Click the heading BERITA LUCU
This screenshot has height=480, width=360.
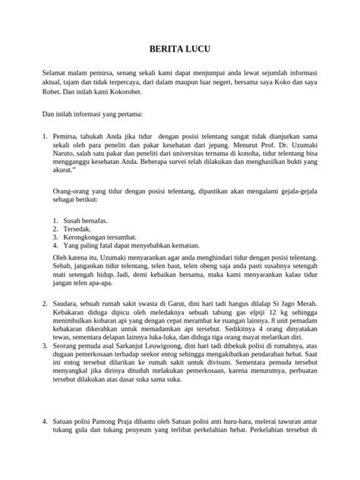pos(180,46)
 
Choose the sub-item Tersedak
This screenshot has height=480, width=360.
pos(77,229)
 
